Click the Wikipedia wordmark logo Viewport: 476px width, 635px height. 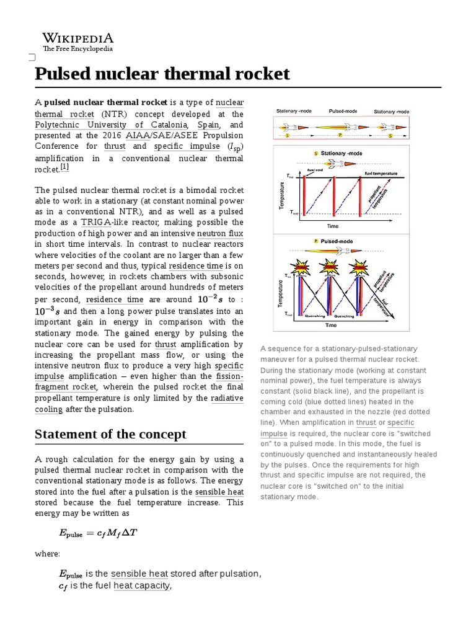[x=77, y=38]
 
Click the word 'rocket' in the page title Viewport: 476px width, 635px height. [x=264, y=74]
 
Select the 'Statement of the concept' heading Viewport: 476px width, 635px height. [x=110, y=434]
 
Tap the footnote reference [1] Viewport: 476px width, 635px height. [x=64, y=167]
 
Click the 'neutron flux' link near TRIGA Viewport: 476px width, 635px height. [x=220, y=234]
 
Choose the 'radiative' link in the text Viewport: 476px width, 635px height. [x=227, y=398]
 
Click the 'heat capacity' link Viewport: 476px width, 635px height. [x=141, y=585]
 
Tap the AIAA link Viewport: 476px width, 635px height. [x=137, y=135]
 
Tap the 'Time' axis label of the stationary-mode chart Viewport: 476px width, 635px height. [x=333, y=226]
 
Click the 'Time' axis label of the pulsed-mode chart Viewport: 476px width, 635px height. [x=331, y=325]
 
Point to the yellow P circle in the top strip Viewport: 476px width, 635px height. [x=340, y=135]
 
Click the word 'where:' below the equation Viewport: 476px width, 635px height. [x=47, y=554]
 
